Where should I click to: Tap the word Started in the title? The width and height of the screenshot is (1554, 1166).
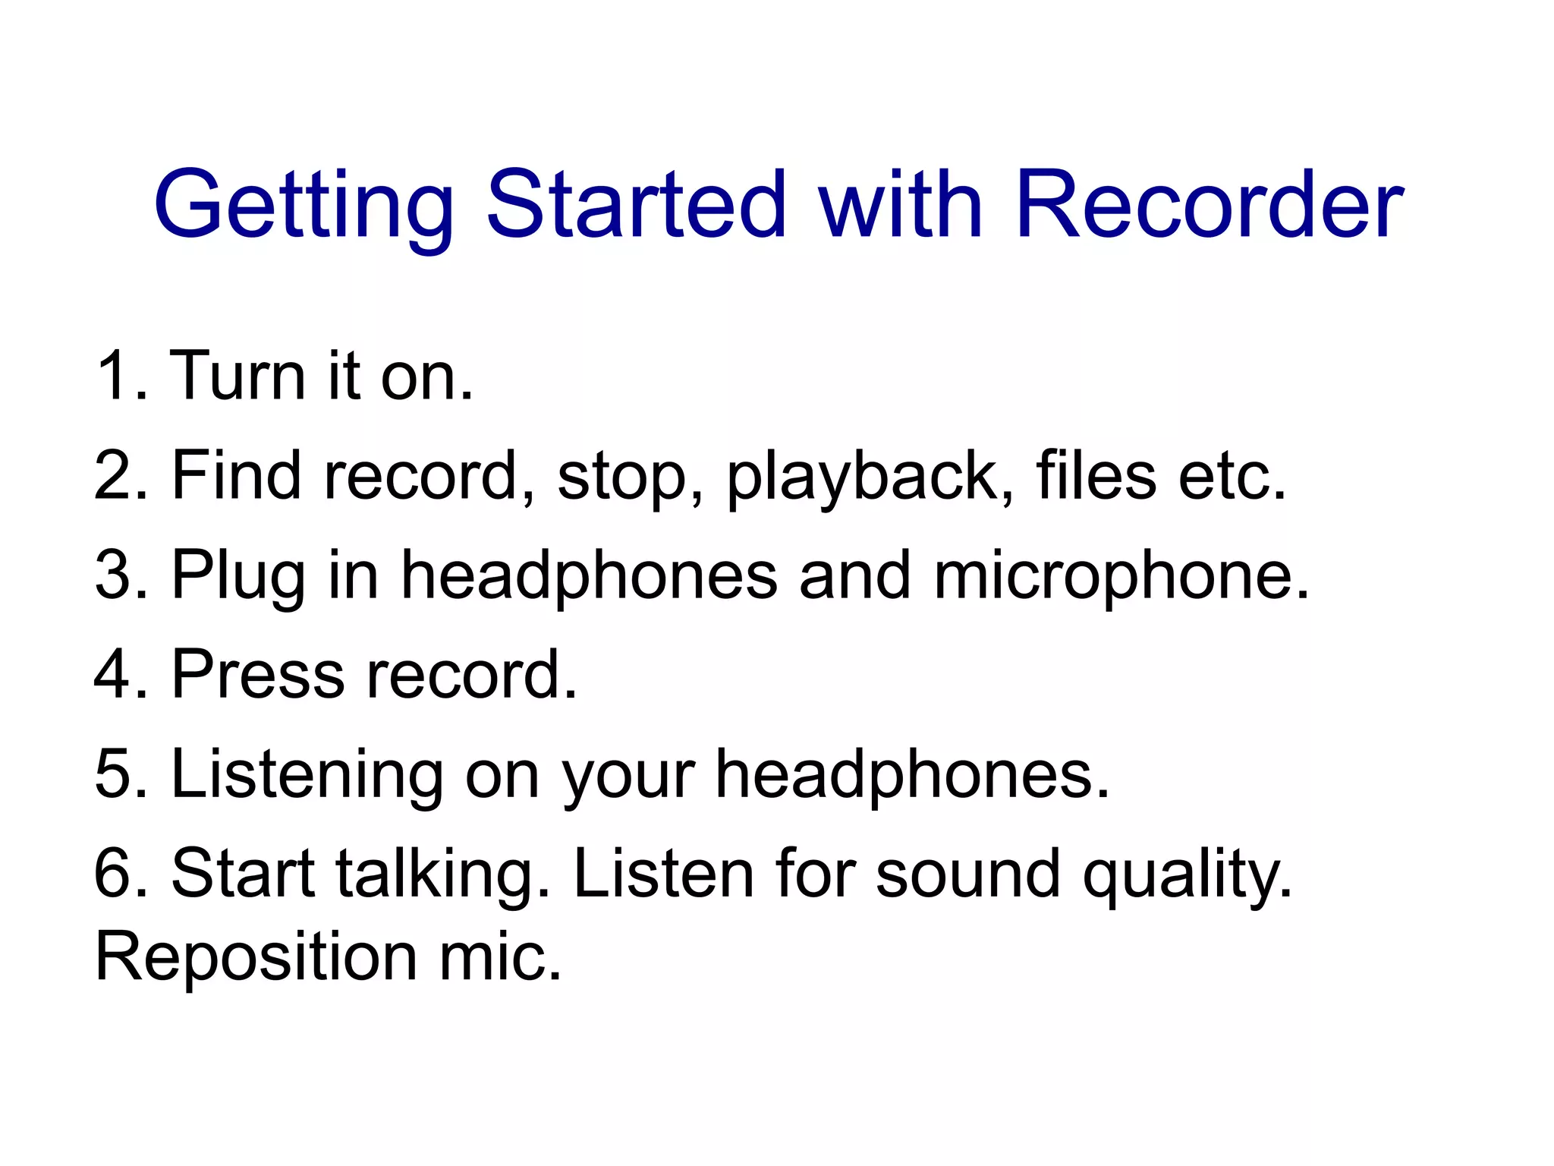(x=636, y=203)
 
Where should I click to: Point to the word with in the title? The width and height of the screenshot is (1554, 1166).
(x=901, y=203)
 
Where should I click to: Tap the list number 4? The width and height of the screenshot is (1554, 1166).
(x=114, y=673)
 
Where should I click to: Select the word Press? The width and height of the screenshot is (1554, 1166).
(x=258, y=673)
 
